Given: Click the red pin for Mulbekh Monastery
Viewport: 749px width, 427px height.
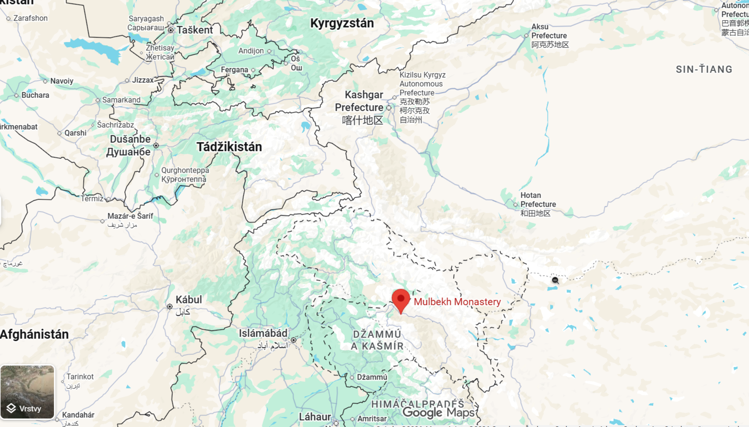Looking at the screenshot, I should pyautogui.click(x=401, y=300).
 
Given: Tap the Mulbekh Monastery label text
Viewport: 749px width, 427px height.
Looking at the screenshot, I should pyautogui.click(x=457, y=302).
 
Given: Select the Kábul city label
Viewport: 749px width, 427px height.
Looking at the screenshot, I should pyautogui.click(x=189, y=300).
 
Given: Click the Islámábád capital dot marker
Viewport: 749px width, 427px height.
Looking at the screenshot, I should pyautogui.click(x=293, y=340).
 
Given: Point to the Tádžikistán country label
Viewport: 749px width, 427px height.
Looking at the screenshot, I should pyautogui.click(x=229, y=147).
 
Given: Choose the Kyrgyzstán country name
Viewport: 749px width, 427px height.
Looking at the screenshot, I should pyautogui.click(x=342, y=23).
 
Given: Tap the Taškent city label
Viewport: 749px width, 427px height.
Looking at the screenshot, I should pyautogui.click(x=195, y=30).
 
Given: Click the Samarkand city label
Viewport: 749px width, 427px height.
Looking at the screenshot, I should pyautogui.click(x=121, y=100).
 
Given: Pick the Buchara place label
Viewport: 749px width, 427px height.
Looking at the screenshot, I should pyautogui.click(x=35, y=95).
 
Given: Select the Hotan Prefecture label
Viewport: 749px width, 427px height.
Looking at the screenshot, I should pyautogui.click(x=538, y=200).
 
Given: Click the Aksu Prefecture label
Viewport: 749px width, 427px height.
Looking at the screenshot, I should pyautogui.click(x=549, y=31).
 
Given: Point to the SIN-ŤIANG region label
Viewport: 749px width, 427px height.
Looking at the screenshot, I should pyautogui.click(x=704, y=69).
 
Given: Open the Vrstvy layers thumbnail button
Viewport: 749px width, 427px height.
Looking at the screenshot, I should pyautogui.click(x=27, y=392).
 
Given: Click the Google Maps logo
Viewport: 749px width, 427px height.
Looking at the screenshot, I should pyautogui.click(x=438, y=413).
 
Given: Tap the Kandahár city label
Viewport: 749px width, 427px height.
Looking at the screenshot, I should pyautogui.click(x=78, y=415).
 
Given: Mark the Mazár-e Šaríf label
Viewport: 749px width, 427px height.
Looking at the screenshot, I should pyautogui.click(x=130, y=216).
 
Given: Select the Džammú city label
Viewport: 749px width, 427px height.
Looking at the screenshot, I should pyautogui.click(x=372, y=377).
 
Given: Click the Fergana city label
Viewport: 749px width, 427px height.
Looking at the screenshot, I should pyautogui.click(x=234, y=70).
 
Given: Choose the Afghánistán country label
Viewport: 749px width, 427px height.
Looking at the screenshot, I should pyautogui.click(x=34, y=334).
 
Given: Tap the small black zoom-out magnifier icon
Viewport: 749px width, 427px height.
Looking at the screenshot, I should pyautogui.click(x=555, y=280).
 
